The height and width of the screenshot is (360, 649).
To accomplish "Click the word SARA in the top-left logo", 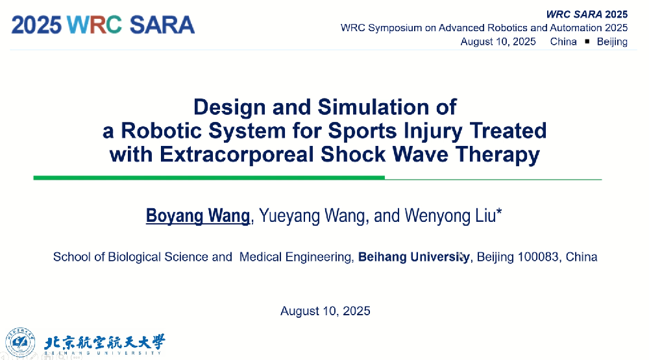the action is point(162,25).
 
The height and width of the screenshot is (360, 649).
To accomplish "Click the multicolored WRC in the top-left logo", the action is point(94,25).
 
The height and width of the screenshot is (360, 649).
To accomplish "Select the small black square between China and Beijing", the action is point(587,42).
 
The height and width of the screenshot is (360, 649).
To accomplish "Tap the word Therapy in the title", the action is point(498,155).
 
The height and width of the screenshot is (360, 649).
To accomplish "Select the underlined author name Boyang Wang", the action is point(198,216).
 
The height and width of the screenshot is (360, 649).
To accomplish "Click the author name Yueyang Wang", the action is point(313,216).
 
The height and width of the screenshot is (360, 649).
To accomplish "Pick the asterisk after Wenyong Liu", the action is point(498,212).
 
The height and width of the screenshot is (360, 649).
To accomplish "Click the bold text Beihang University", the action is point(414,257).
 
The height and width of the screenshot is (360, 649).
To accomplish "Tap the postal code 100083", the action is point(538,257).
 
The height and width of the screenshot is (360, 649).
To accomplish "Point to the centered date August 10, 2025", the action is point(325,311).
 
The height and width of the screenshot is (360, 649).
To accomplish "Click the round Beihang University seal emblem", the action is point(20,342).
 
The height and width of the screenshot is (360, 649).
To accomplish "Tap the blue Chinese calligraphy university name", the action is point(104,342).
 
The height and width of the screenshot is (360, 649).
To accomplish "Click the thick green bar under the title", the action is point(209,178).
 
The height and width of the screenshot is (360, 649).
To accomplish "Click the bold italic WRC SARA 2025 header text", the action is point(587,14).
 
